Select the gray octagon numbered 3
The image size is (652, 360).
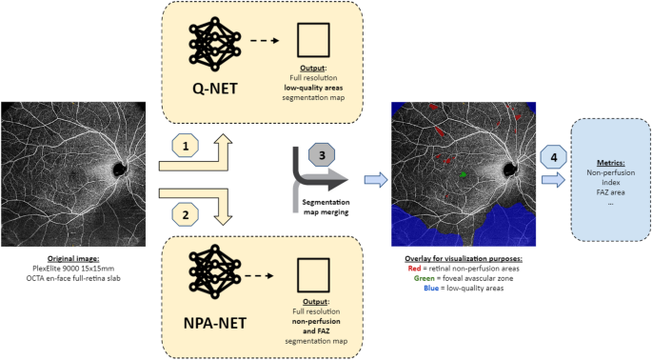pyautogui.click(x=320, y=156)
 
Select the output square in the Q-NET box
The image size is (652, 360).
pyautogui.click(x=314, y=42)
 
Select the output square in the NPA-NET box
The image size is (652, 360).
pyautogui.click(x=314, y=271)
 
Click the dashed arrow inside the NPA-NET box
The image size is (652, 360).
pyautogui.click(x=266, y=272)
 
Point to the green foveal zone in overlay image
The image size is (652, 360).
pyautogui.click(x=464, y=175)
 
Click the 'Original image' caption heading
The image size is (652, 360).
pyautogui.click(x=72, y=259)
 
